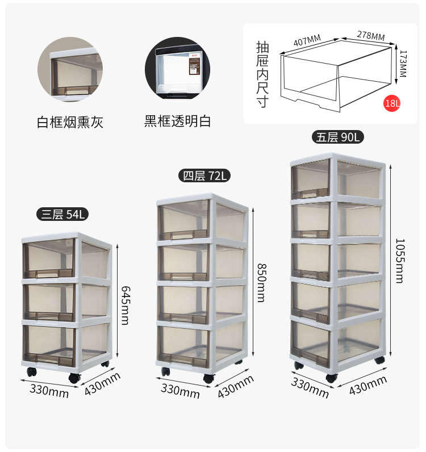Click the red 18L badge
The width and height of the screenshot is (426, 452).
pos(392,103)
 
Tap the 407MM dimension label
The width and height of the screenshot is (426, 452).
pos(307,40)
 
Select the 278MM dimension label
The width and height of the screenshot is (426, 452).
pos(371,35)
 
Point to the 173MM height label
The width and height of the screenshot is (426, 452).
pos(403,64)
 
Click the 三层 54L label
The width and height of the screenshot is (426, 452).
pos(62,215)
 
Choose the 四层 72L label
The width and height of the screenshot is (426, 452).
pos(204,175)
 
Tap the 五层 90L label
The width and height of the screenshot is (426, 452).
pos(338,137)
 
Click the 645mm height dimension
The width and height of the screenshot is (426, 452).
pos(126,305)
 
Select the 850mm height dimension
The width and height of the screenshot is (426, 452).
pos(262,283)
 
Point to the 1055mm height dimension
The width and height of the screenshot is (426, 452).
pos(400,261)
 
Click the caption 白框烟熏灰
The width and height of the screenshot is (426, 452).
pos(70,122)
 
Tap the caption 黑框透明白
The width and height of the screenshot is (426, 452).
pos(177,121)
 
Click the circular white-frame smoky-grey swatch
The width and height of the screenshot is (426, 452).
pos(70,69)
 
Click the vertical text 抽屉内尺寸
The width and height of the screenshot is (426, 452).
pos(262,74)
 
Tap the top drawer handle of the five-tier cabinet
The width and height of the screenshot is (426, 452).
pos(310,194)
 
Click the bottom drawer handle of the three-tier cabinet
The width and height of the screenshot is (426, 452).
pos(48,358)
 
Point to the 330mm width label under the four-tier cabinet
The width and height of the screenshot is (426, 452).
pos(180,391)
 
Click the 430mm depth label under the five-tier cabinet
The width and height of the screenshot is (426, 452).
pos(367,386)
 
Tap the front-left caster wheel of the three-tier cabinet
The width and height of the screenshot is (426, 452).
pos(32,372)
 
